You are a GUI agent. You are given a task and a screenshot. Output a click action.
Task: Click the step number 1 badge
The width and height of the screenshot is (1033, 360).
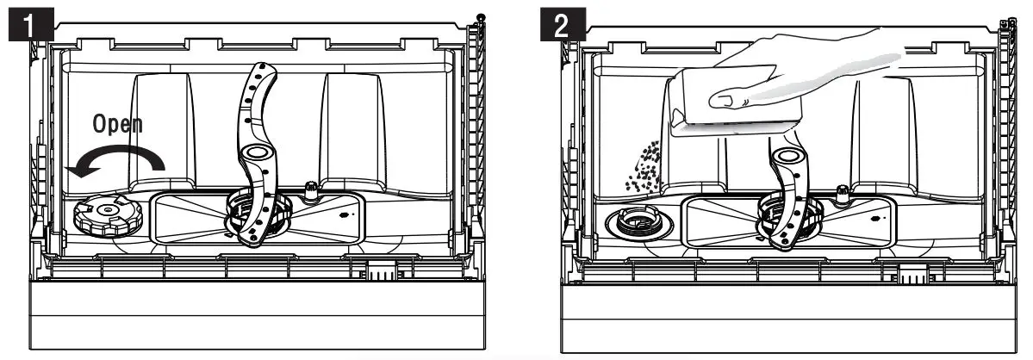tap(32, 23)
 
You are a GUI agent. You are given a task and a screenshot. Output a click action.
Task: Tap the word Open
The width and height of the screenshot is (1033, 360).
tap(118, 125)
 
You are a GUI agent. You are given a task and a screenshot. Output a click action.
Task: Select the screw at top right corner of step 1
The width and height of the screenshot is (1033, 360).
tap(480, 17)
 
